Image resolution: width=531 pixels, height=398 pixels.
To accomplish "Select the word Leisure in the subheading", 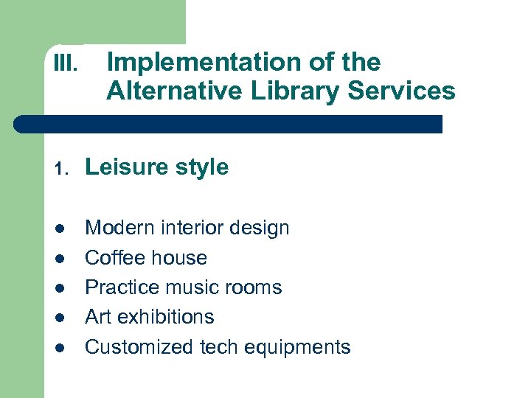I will tap(126, 167).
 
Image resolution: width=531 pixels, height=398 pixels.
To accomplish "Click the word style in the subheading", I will tap(201, 168).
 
